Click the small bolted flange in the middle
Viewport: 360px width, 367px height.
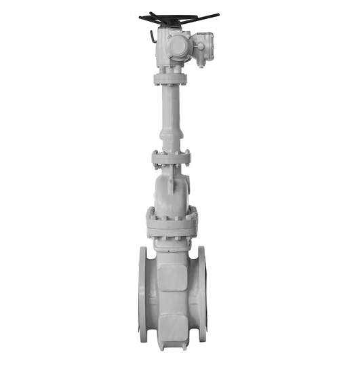pyautogui.click(x=171, y=159)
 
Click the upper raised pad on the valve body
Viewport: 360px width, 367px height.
pyautogui.click(x=172, y=275)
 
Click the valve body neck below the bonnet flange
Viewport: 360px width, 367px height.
pyautogui.click(x=172, y=246)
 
